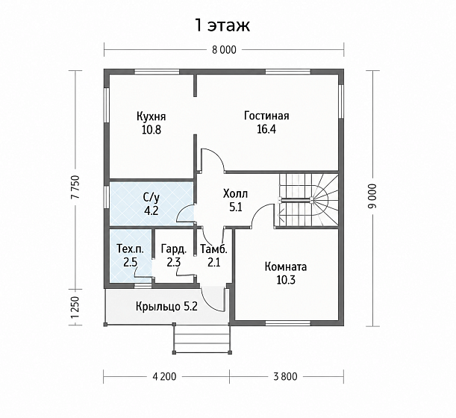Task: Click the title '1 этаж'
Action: click(222, 25)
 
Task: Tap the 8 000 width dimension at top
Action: click(224, 50)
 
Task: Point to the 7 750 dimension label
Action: click(75, 187)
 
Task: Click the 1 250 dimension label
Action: click(75, 308)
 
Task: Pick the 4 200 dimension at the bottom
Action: click(164, 376)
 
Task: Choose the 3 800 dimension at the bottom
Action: click(285, 376)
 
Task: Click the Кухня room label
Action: click(152, 116)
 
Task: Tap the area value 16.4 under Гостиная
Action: click(266, 129)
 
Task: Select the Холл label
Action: click(235, 193)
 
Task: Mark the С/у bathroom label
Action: click(152, 198)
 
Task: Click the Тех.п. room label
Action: click(130, 249)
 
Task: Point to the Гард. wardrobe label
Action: click(174, 249)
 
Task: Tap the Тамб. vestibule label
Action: click(213, 249)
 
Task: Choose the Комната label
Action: click(286, 266)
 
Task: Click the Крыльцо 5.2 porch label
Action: click(166, 306)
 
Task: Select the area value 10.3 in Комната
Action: click(286, 280)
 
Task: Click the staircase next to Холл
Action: click(308, 200)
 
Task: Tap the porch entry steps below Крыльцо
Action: click(203, 339)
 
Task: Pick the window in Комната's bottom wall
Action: click(288, 322)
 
